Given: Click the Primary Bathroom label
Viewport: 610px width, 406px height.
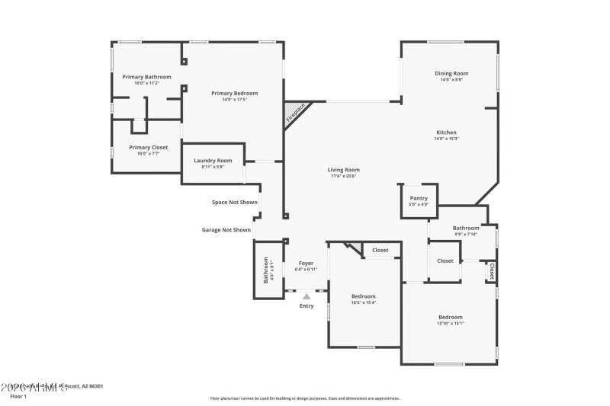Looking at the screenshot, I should [x=146, y=77].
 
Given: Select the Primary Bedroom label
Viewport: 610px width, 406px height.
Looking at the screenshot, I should [x=234, y=93].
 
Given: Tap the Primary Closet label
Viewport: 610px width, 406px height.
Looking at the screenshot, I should [x=148, y=148].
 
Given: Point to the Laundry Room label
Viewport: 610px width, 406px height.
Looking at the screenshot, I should [x=213, y=161].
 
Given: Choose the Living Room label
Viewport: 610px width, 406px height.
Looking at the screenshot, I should [x=344, y=170].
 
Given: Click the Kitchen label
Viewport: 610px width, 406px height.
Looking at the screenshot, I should [x=446, y=133].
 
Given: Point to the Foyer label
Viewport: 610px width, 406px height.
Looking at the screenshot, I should [x=306, y=263].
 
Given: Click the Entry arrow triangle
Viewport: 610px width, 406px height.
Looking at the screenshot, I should [x=306, y=296].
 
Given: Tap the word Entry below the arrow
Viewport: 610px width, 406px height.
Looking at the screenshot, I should [x=306, y=306].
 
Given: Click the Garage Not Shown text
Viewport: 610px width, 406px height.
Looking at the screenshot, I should [x=226, y=229].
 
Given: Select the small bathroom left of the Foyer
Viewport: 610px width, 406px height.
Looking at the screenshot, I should [x=267, y=270].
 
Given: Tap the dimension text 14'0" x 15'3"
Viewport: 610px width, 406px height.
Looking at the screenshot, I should [x=446, y=139].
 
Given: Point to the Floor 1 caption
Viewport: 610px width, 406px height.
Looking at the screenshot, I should [x=18, y=396].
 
